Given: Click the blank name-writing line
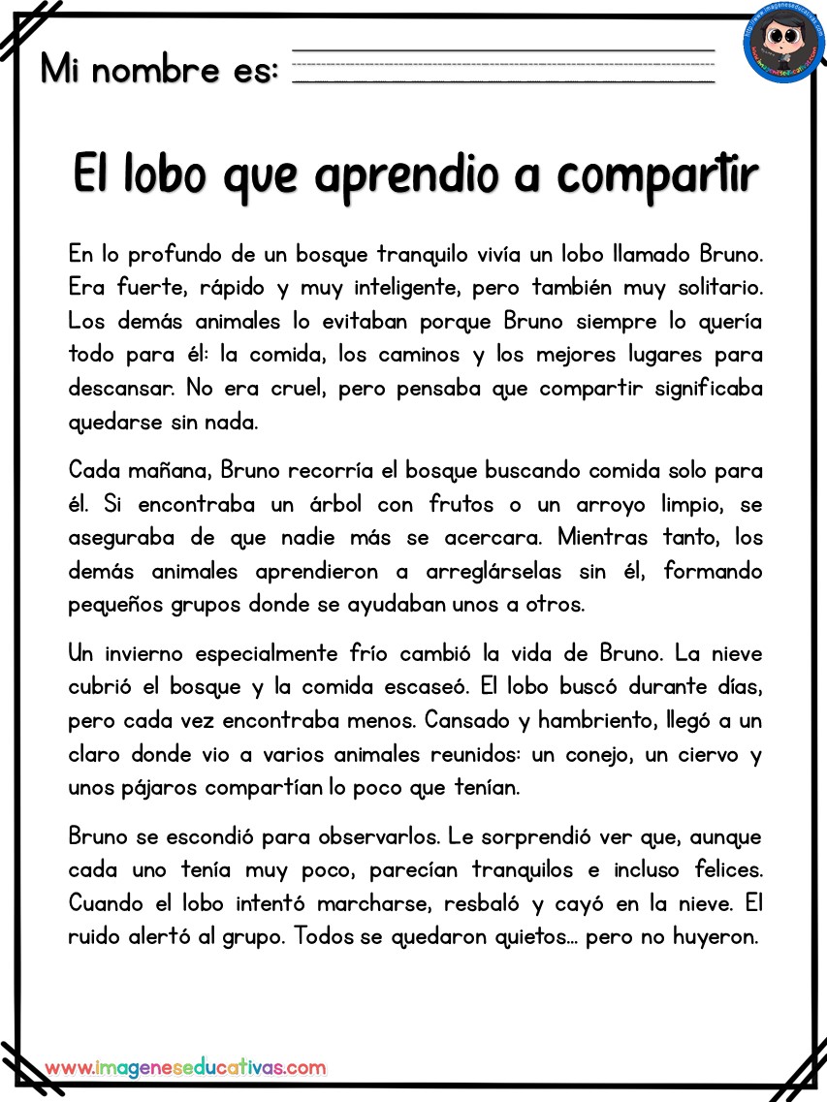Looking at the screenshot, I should tap(503, 65).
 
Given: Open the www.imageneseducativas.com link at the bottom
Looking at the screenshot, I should tap(185, 1067).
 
